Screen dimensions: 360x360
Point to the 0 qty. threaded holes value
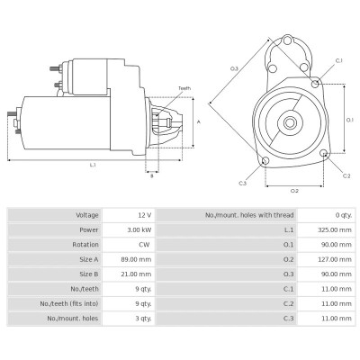pos(342,216)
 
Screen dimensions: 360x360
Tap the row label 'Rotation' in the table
pos(87,243)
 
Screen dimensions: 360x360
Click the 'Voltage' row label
pos(88,216)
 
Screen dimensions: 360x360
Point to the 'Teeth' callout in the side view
pos(184,88)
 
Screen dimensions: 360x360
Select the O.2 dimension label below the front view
pos(293,191)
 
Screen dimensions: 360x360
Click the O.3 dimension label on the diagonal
pos(234,68)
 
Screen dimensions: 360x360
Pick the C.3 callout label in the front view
pos(242,183)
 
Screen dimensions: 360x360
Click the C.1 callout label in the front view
pos(338,60)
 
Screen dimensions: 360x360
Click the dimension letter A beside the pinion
pos(197,121)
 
